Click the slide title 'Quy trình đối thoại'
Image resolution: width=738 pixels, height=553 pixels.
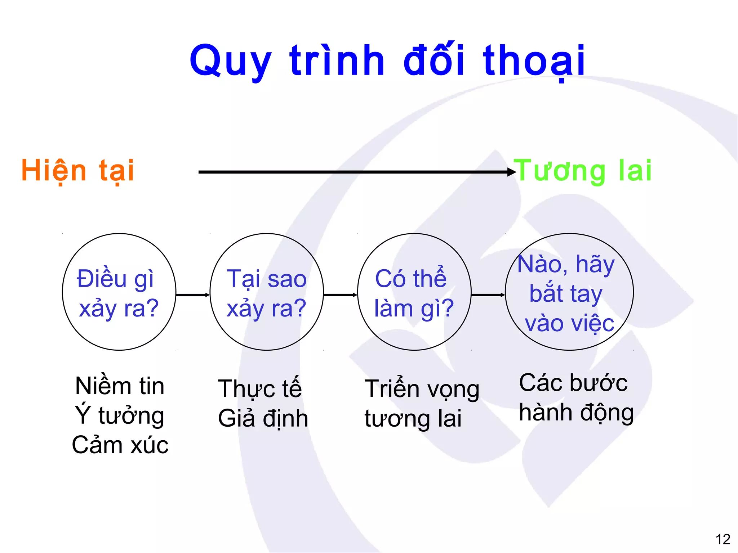point(387,60)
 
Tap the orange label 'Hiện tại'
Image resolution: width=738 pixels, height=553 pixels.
point(78,171)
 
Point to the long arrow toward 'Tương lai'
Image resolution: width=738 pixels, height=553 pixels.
point(355,172)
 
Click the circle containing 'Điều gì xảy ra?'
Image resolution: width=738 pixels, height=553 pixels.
point(119,292)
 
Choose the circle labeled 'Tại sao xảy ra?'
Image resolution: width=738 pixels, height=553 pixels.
point(267,292)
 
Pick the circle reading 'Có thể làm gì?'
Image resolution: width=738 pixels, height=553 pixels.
point(414,292)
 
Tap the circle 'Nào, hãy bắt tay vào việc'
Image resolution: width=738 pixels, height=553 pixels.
point(569,292)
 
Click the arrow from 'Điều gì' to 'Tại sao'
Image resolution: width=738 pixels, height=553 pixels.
point(193,295)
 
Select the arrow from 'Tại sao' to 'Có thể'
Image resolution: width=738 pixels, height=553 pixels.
point(341,295)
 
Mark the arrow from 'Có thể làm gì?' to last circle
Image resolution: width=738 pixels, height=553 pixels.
point(488,295)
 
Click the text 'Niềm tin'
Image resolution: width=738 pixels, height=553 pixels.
point(120,386)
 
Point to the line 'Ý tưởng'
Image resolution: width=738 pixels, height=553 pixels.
point(120,415)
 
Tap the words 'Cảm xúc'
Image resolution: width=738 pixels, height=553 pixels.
point(120,445)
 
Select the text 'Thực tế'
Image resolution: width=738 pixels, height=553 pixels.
point(260,389)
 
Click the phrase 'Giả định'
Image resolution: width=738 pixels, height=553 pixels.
point(263,418)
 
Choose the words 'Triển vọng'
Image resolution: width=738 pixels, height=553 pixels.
point(422,390)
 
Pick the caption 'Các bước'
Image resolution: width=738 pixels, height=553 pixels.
point(573,383)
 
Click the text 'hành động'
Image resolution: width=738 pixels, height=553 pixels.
point(576,413)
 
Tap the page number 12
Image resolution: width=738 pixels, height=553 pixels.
point(723,539)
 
